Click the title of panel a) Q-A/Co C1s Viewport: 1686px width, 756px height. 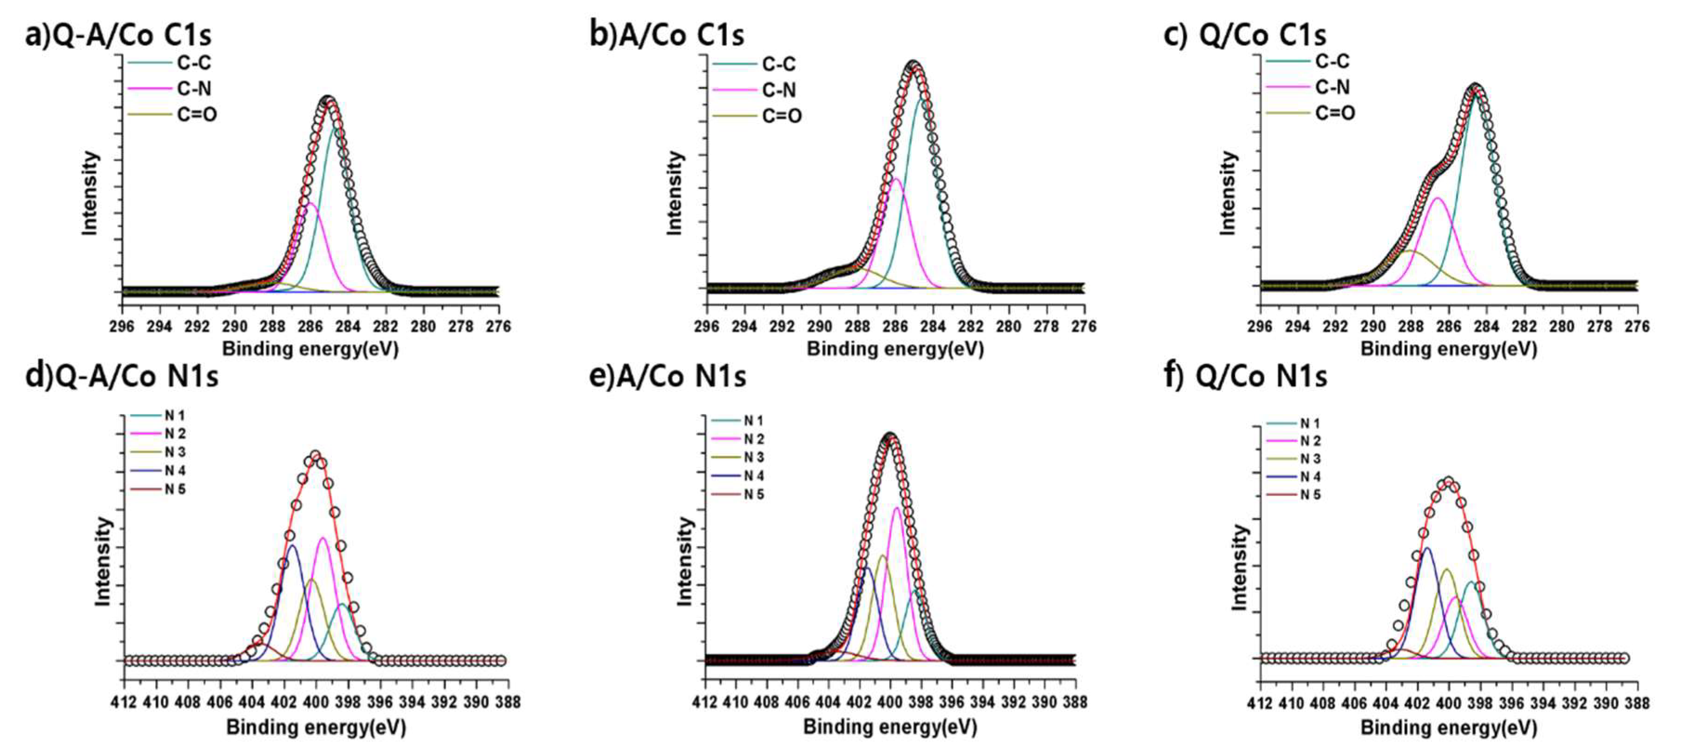[118, 34]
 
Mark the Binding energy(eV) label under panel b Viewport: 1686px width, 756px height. [895, 349]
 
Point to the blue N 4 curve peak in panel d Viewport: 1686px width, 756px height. [293, 546]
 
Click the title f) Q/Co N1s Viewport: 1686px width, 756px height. [1246, 376]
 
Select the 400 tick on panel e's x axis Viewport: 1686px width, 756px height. [889, 702]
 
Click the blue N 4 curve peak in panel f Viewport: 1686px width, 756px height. [1426, 548]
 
